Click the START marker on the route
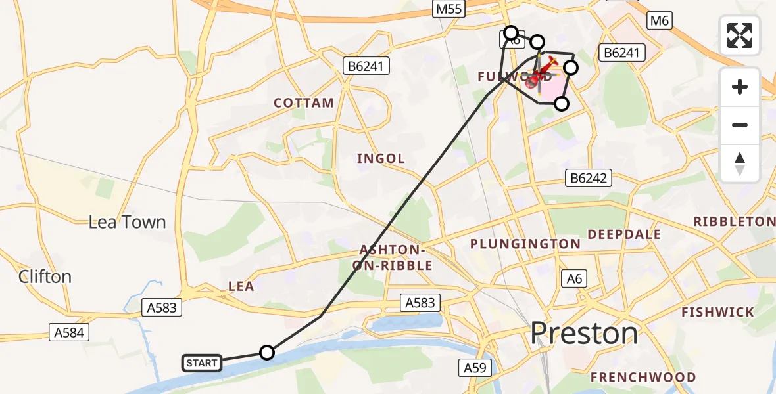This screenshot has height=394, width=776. point(202,363)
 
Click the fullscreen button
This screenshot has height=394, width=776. point(740,35)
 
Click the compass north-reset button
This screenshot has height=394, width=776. point(740,164)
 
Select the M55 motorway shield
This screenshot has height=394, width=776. point(449,9)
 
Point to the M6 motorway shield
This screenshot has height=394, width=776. point(659,21)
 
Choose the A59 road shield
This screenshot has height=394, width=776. point(475,368)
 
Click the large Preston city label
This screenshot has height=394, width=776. point(584,334)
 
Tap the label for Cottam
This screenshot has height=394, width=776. point(304,103)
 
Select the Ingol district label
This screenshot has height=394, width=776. point(381,158)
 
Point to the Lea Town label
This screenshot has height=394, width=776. point(128,222)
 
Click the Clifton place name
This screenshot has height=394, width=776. point(45,276)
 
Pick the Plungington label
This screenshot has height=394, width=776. point(525,244)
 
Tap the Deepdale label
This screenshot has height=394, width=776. point(624,234)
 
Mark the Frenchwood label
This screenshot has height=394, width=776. point(643,377)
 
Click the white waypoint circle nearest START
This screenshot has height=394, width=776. point(266,353)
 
